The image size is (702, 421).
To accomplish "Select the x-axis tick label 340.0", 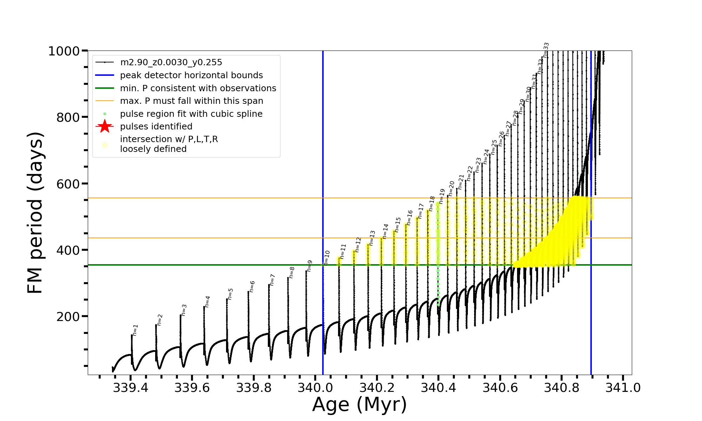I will [x=315, y=388].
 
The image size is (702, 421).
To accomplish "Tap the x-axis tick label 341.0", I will [x=623, y=388].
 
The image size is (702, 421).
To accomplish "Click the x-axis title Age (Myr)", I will [x=359, y=405].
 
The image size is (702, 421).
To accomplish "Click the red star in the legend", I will [x=105, y=126].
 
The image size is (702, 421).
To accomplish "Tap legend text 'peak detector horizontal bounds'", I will [x=191, y=75].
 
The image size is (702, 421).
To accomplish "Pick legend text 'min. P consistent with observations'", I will [x=198, y=88].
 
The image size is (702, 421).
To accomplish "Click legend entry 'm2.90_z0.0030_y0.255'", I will [x=171, y=62].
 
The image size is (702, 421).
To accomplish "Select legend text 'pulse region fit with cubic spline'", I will [x=191, y=114].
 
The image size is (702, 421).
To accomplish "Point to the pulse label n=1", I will [x=135, y=330].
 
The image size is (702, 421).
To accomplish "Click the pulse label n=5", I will [x=230, y=294].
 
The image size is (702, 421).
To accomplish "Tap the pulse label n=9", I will [x=310, y=266].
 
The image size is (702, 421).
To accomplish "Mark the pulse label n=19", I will [x=442, y=196].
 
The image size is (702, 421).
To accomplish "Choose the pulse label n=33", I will [x=546, y=50].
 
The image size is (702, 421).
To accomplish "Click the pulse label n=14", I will [x=386, y=231].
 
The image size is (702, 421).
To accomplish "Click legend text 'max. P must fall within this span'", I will [x=191, y=101].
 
